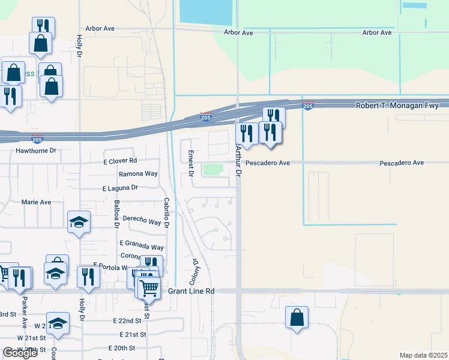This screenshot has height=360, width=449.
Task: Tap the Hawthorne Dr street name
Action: pos(36,151)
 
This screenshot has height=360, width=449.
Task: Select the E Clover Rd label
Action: pos(120,161)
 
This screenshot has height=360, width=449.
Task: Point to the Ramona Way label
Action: pos(138,173)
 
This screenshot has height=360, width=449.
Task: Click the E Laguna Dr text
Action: pos(120,188)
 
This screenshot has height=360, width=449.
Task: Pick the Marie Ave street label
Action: pos(36,202)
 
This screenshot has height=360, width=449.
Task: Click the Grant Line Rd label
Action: pos(191,291)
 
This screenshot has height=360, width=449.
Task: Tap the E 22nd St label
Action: pos(126,321)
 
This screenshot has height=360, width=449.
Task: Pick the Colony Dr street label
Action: pos(195,271)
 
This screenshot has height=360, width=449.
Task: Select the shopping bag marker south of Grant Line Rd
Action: pos(297,317)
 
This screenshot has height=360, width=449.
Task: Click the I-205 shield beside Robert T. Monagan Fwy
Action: pos(308,106)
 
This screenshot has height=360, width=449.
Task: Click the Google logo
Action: pos(20,353)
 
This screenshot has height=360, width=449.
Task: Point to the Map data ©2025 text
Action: pos(424,355)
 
